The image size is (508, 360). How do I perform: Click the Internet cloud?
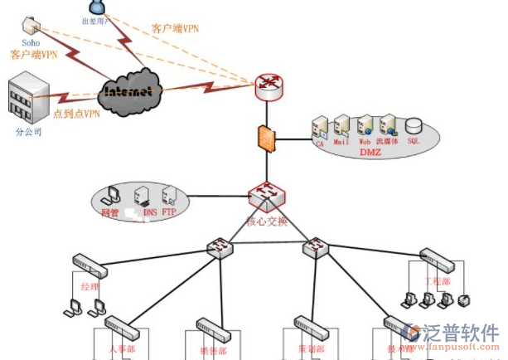point(129,89)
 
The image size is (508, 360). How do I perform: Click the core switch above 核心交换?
point(266,197)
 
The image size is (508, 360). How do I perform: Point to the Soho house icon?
point(31,24)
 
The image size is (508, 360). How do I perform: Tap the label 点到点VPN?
point(76,114)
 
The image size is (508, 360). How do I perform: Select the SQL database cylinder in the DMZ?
point(412,127)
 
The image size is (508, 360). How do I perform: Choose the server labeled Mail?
point(341,127)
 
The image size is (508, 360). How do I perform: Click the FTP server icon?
point(169,197)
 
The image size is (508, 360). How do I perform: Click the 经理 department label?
point(89,287)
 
